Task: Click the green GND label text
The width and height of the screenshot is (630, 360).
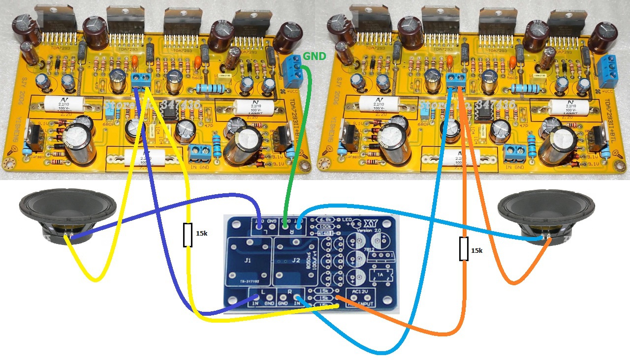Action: (x=314, y=57)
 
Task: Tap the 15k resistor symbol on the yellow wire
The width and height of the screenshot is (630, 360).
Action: (x=188, y=235)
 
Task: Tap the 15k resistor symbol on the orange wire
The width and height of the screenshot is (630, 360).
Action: (x=464, y=249)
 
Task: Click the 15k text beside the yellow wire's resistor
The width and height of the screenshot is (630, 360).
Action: (x=202, y=234)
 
